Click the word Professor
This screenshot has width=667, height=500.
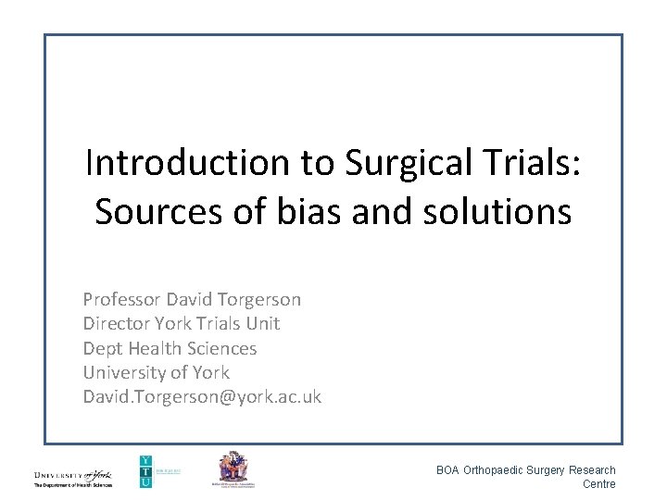pyautogui.click(x=121, y=300)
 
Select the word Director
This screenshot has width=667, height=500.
pyautogui.click(x=115, y=324)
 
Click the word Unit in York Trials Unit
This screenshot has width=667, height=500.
pyautogui.click(x=263, y=324)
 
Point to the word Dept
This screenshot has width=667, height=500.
pyautogui.click(x=102, y=348)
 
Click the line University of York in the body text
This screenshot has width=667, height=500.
pyautogui.click(x=157, y=372)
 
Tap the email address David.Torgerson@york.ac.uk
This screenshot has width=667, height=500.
pyautogui.click(x=202, y=396)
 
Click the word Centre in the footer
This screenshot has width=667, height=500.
pyautogui.click(x=598, y=484)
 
